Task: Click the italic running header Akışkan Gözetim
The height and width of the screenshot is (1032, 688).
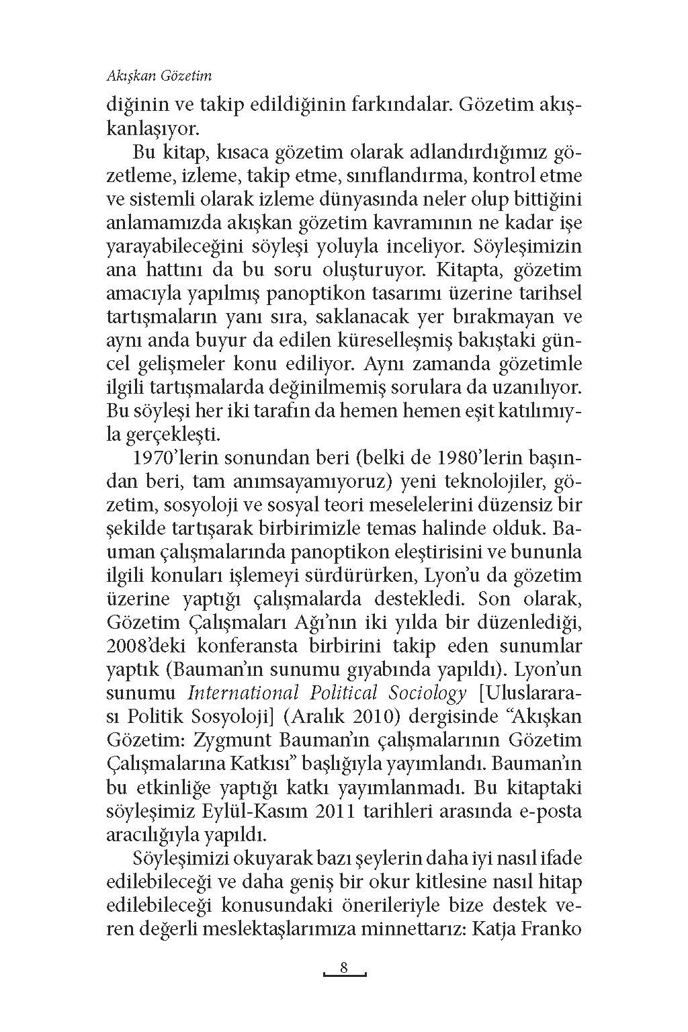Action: pyautogui.click(x=159, y=76)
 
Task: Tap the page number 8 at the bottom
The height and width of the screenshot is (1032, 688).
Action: pyautogui.click(x=343, y=968)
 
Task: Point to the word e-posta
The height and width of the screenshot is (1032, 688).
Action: pyautogui.click(x=545, y=811)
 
